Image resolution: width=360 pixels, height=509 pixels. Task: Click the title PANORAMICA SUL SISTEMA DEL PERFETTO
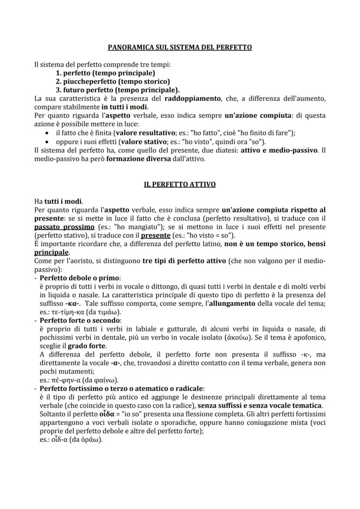click(x=180, y=47)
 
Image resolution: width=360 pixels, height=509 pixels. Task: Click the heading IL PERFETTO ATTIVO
click(x=180, y=184)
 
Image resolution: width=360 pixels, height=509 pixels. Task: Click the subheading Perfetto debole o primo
click(x=80, y=278)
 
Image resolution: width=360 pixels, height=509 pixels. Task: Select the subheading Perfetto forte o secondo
click(x=80, y=320)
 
